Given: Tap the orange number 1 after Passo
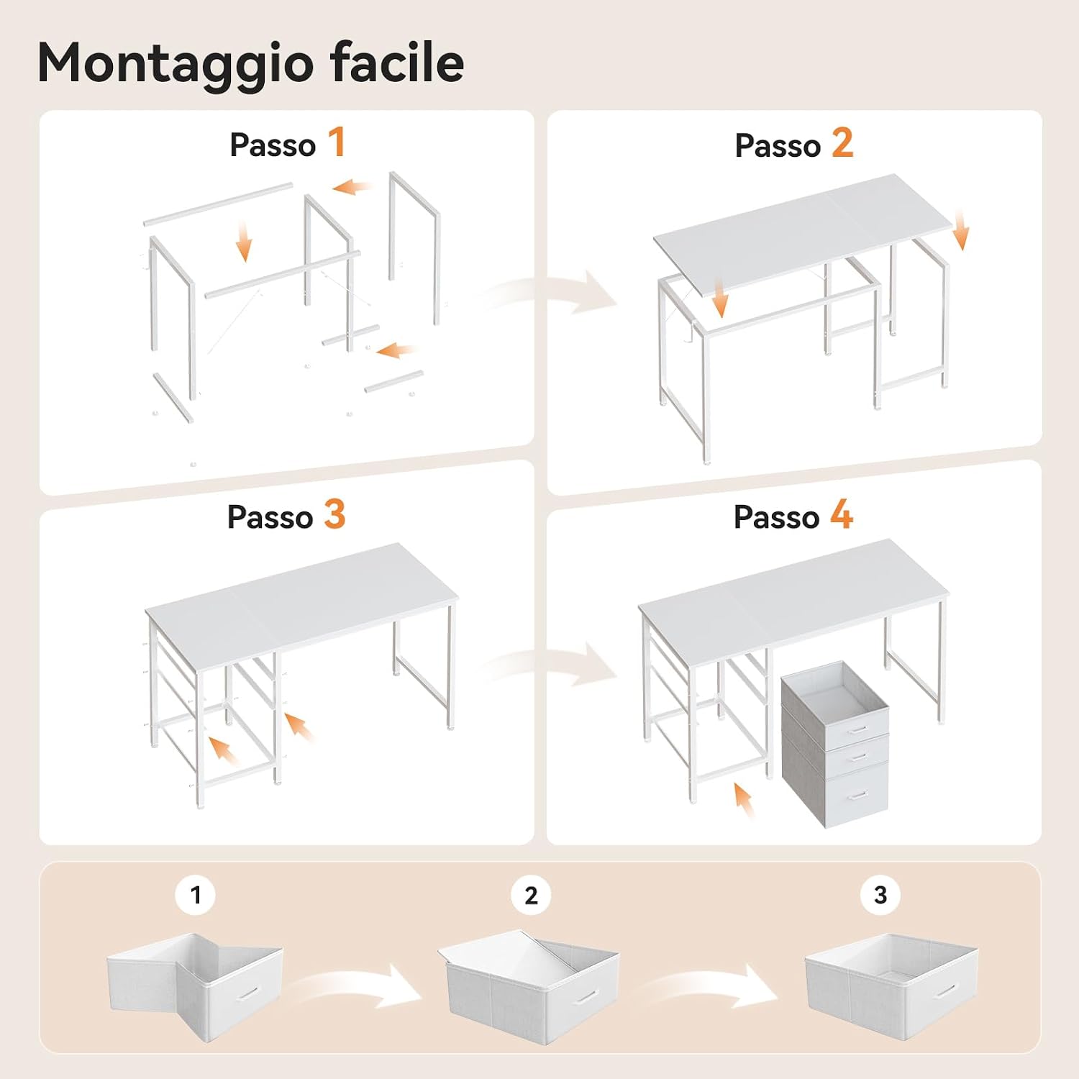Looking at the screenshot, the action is point(337,142).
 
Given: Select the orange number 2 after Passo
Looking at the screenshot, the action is point(842,142).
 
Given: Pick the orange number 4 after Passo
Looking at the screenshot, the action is point(842,514).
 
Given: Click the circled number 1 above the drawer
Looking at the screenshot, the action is point(196,895).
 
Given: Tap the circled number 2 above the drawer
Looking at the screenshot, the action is point(531,895).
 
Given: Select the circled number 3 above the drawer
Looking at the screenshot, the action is point(880,895).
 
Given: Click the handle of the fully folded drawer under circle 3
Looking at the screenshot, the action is point(945,991).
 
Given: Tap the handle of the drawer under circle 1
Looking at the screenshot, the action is point(249,992).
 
